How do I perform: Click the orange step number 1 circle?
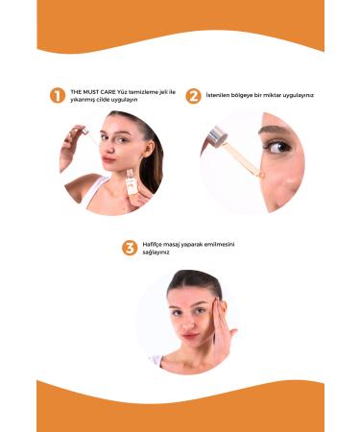58,95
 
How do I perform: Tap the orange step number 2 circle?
193,95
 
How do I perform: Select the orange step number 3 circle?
129,248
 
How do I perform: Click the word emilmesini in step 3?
217,244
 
